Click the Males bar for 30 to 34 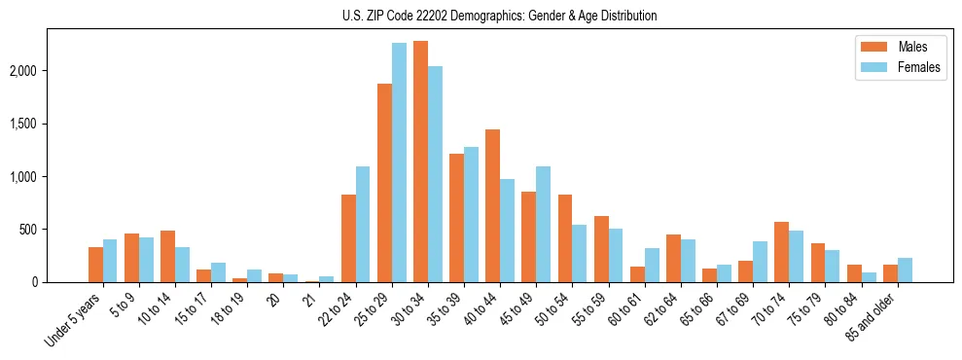pos(420,162)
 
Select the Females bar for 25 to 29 pos(399,162)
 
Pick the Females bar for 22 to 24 pos(363,224)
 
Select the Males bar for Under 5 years pos(95,265)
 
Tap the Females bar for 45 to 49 pos(543,224)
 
